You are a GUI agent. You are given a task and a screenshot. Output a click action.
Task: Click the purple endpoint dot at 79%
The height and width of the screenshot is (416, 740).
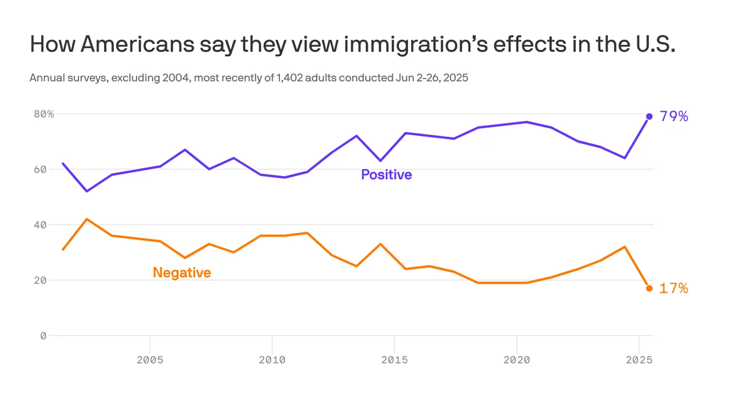649,116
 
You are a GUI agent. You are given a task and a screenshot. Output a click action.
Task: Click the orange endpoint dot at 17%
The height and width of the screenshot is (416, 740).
649,288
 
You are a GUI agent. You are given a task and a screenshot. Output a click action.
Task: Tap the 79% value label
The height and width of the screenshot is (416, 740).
674,116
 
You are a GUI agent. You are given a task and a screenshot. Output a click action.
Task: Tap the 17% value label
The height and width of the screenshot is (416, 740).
674,289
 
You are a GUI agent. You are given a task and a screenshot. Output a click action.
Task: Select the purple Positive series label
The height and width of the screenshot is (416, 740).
386,175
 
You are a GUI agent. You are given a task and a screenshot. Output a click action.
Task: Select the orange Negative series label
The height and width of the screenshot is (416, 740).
181,272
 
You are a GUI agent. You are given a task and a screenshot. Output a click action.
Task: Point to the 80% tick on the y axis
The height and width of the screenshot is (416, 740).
44,114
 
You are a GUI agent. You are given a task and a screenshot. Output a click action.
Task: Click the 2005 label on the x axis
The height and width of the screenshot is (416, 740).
149,360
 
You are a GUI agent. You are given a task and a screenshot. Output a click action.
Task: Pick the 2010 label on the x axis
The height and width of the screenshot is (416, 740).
272,360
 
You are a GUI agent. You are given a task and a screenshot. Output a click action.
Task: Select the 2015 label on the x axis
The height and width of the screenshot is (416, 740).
394,360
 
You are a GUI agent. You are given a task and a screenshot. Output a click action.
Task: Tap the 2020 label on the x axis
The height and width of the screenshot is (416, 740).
517,360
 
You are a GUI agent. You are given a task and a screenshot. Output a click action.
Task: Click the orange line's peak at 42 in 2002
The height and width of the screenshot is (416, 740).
87,219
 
